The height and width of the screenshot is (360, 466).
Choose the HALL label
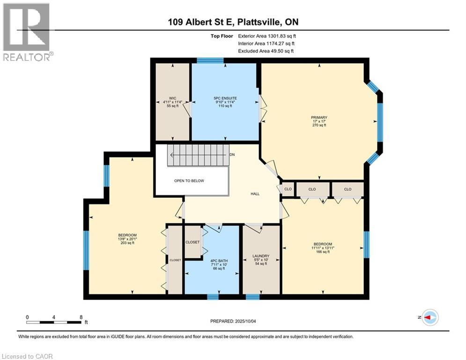(255, 194)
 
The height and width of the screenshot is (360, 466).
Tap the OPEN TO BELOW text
(189, 180)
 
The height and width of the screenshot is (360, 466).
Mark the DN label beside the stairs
(232, 155)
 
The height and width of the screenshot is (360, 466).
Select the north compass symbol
(429, 317)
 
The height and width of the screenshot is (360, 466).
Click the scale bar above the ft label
(54, 322)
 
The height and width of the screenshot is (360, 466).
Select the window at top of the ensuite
(210, 60)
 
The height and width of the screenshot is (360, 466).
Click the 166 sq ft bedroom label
(323, 252)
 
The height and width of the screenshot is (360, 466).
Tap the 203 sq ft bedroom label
(127, 243)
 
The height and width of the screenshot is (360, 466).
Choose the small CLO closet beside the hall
(288, 189)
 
